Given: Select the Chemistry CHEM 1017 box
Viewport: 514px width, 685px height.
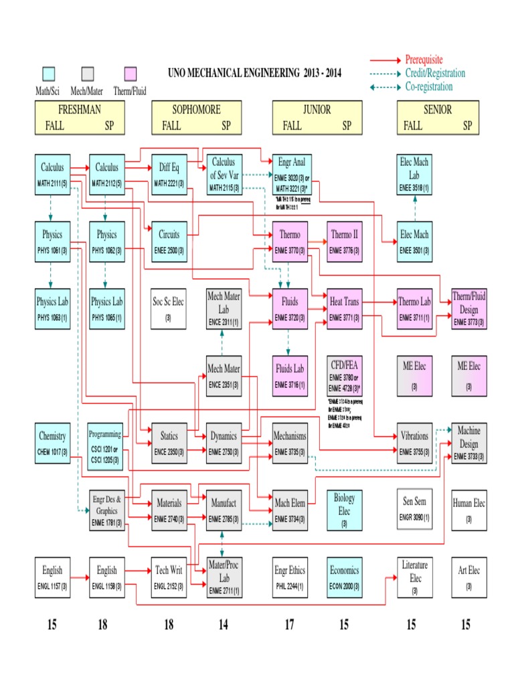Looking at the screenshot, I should click(x=52, y=443).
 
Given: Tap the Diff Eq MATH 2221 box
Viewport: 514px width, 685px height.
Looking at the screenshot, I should click(x=169, y=175).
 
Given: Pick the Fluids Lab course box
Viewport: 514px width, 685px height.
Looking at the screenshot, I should click(x=290, y=375).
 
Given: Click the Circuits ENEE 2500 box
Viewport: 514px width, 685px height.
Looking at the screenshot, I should click(x=169, y=241).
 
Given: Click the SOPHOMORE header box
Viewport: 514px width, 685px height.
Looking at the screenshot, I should click(x=196, y=117).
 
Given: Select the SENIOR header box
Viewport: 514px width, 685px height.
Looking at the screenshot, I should click(x=438, y=117).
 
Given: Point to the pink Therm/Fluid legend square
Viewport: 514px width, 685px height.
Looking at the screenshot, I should click(x=131, y=74).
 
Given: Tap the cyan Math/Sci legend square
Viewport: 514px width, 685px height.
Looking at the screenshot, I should click(x=48, y=74).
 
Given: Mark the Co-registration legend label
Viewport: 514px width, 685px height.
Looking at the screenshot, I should click(x=429, y=86).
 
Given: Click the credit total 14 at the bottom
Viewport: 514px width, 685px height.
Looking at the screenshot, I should click(x=223, y=625).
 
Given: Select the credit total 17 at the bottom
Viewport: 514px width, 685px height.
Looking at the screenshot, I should click(x=290, y=625).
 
